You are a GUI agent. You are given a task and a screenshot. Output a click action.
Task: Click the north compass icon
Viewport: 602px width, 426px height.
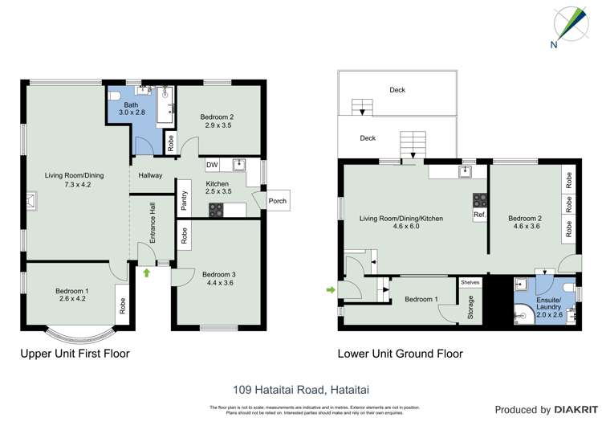[565, 24]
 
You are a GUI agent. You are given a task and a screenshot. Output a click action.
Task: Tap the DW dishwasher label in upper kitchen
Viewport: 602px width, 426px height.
[212, 165]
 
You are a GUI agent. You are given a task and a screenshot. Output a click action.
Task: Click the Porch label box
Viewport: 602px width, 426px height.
[277, 201]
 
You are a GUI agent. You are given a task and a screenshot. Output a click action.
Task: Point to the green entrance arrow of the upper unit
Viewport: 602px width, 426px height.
[147, 273]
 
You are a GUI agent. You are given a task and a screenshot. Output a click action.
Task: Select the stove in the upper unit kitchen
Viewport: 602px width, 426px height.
[217, 210]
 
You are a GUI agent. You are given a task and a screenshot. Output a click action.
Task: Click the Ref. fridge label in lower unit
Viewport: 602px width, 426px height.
[480, 215]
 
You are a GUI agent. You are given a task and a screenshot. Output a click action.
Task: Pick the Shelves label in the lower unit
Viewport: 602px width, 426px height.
[470, 282]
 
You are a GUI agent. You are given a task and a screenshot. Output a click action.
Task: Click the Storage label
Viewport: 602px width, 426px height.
[470, 307]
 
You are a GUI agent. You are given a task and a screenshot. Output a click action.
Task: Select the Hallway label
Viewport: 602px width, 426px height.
[150, 175]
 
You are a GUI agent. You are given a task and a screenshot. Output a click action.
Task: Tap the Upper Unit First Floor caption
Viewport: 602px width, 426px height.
[75, 353]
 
